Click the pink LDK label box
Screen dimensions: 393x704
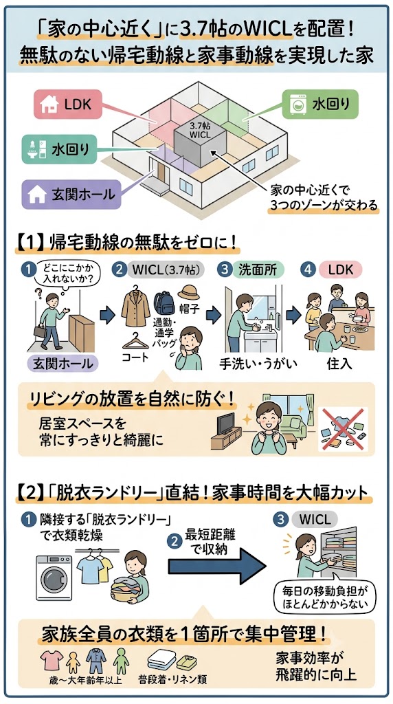tap(67, 104)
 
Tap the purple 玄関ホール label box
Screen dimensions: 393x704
tap(71, 195)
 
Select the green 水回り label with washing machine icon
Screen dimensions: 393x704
tap(320, 104)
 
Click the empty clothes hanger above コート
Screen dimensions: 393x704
tap(135, 342)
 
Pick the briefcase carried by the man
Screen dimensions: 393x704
tap(41, 331)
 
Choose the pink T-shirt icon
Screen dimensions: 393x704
tap(52, 660)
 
